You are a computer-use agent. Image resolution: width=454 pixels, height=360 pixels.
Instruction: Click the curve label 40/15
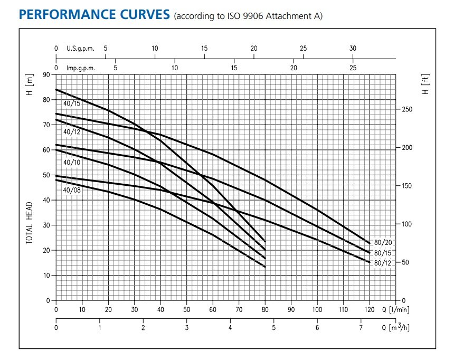click(72, 103)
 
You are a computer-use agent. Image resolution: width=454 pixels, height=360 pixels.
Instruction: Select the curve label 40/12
click(72, 131)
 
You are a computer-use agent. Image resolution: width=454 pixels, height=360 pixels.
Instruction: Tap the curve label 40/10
click(72, 162)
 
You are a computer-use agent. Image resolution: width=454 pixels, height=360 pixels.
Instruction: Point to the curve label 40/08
click(72, 190)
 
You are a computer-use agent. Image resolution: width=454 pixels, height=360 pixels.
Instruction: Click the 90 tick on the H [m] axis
click(46, 75)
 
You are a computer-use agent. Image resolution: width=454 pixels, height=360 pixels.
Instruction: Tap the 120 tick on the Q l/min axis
click(369, 309)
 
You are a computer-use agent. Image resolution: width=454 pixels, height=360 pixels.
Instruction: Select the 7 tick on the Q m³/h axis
click(361, 327)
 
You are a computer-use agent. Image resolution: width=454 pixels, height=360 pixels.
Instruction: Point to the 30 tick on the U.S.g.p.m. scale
click(353, 49)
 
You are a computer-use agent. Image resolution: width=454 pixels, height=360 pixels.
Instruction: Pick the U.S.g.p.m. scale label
click(80, 49)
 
